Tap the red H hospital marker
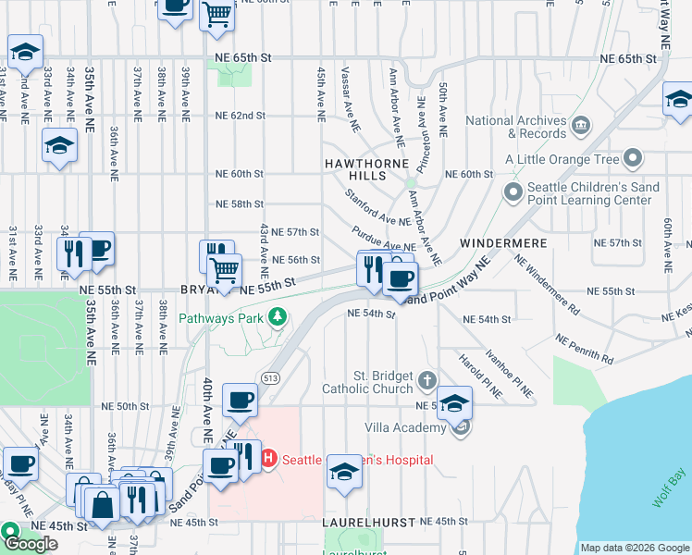click(x=269, y=459)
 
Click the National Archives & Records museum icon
click(x=580, y=126)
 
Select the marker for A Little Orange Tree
click(x=633, y=158)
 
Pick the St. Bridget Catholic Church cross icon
click(x=426, y=379)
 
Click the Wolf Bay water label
click(x=669, y=487)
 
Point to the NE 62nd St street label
click(x=240, y=116)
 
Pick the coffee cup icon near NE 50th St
click(x=240, y=400)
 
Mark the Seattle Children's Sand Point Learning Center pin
click(x=513, y=192)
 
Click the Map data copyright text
click(x=634, y=548)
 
